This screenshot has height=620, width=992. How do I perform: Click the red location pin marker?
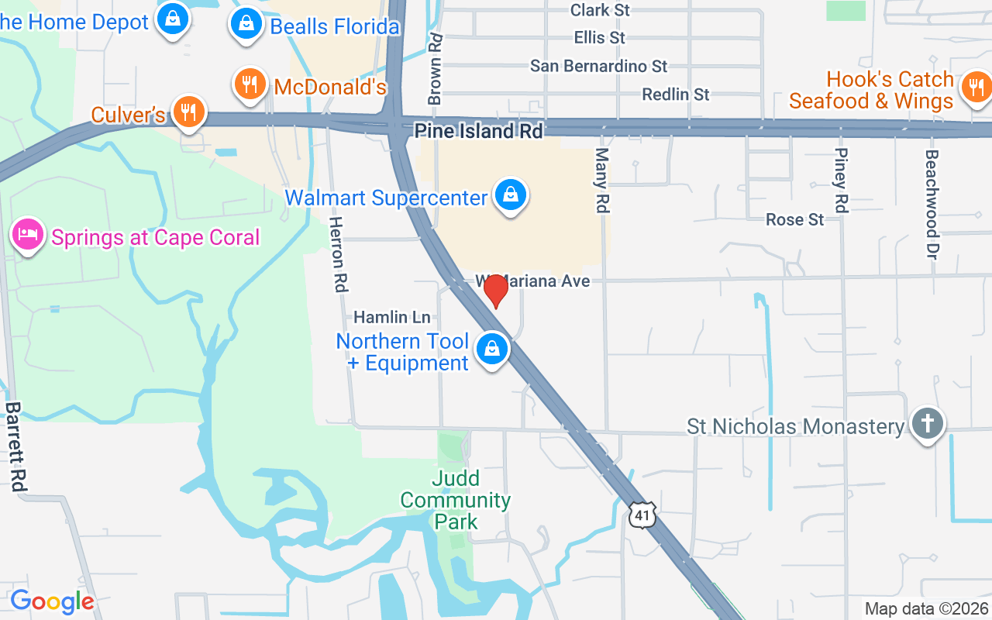pyautogui.click(x=496, y=291)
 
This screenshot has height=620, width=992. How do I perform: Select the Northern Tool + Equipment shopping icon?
pyautogui.click(x=492, y=350)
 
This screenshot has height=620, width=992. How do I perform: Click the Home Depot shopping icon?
pyautogui.click(x=173, y=19)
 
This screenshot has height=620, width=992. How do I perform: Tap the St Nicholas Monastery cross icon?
pyautogui.click(x=927, y=424)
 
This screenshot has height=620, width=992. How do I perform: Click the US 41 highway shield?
pyautogui.click(x=643, y=515)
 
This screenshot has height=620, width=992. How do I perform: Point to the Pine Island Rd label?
pyautogui.click(x=478, y=131)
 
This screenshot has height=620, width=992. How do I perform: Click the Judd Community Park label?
pyautogui.click(x=456, y=500)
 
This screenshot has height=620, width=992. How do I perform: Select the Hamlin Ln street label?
pyautogui.click(x=391, y=317)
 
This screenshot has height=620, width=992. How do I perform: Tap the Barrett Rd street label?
pyautogui.click(x=15, y=446)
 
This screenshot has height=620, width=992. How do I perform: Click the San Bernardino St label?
pyautogui.click(x=598, y=66)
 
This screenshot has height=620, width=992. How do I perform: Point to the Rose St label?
pyautogui.click(x=794, y=220)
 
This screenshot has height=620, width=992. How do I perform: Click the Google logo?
pyautogui.click(x=52, y=601)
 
